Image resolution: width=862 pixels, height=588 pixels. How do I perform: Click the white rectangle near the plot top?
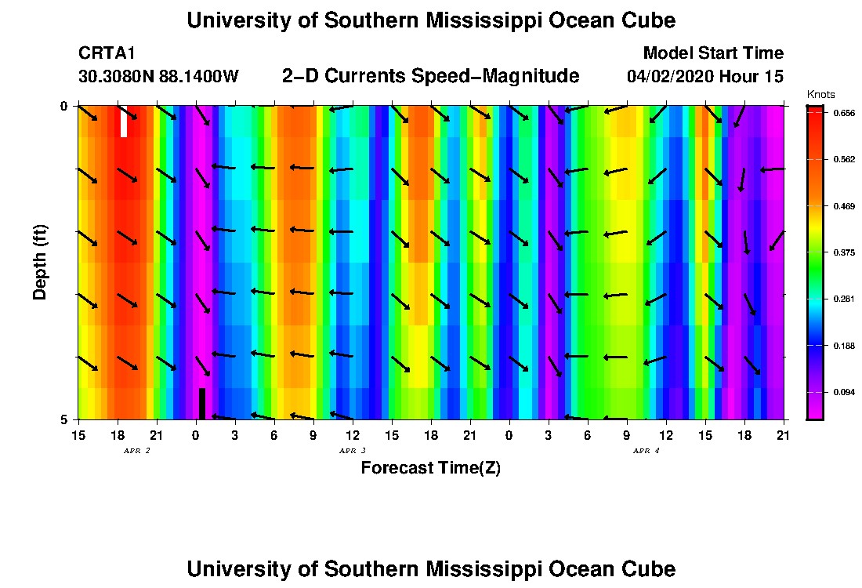pos(124,122)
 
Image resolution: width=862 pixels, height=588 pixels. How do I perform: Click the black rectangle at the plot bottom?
pos(201,403)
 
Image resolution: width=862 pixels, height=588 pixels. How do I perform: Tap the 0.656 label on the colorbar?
pos(845,113)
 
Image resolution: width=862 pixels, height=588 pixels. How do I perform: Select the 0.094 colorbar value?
pos(845,392)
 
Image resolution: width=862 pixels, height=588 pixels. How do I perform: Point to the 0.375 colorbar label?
pos(845,252)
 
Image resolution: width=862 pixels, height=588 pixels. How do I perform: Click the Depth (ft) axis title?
pos(40,263)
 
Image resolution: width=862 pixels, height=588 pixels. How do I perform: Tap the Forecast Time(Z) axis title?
pos(430,468)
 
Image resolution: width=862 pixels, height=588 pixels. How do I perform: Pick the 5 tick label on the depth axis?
pos(65,419)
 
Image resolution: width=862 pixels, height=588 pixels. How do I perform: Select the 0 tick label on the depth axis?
pos(65,106)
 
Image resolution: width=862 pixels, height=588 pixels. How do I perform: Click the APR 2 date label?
pos(137,451)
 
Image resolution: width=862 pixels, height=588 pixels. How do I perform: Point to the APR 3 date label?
pos(353,451)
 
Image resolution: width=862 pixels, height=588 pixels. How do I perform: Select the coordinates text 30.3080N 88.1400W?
pos(158,77)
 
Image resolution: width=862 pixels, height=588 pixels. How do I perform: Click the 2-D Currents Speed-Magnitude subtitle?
pos(430,76)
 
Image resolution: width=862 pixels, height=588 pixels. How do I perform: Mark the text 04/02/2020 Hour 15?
pos(704,77)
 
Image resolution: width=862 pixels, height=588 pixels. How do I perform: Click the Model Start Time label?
pos(712,53)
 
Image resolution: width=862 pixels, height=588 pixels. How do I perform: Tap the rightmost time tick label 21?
pos(783,435)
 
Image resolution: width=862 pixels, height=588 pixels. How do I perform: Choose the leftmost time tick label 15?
pos(78,435)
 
